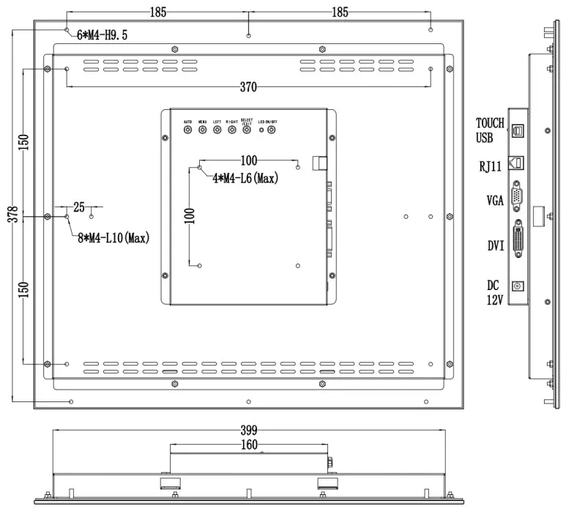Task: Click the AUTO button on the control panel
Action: (187, 130)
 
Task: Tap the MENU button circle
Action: (202, 130)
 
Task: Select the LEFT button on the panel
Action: (217, 130)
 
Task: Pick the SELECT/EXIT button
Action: (247, 130)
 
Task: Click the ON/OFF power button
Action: (272, 130)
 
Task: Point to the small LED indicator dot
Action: (261, 130)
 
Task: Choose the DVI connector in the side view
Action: (518, 240)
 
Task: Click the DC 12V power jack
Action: (518, 288)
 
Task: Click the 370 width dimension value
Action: (249, 87)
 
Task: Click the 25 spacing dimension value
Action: (79, 207)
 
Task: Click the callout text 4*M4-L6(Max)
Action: (245, 178)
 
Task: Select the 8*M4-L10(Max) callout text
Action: (113, 238)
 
